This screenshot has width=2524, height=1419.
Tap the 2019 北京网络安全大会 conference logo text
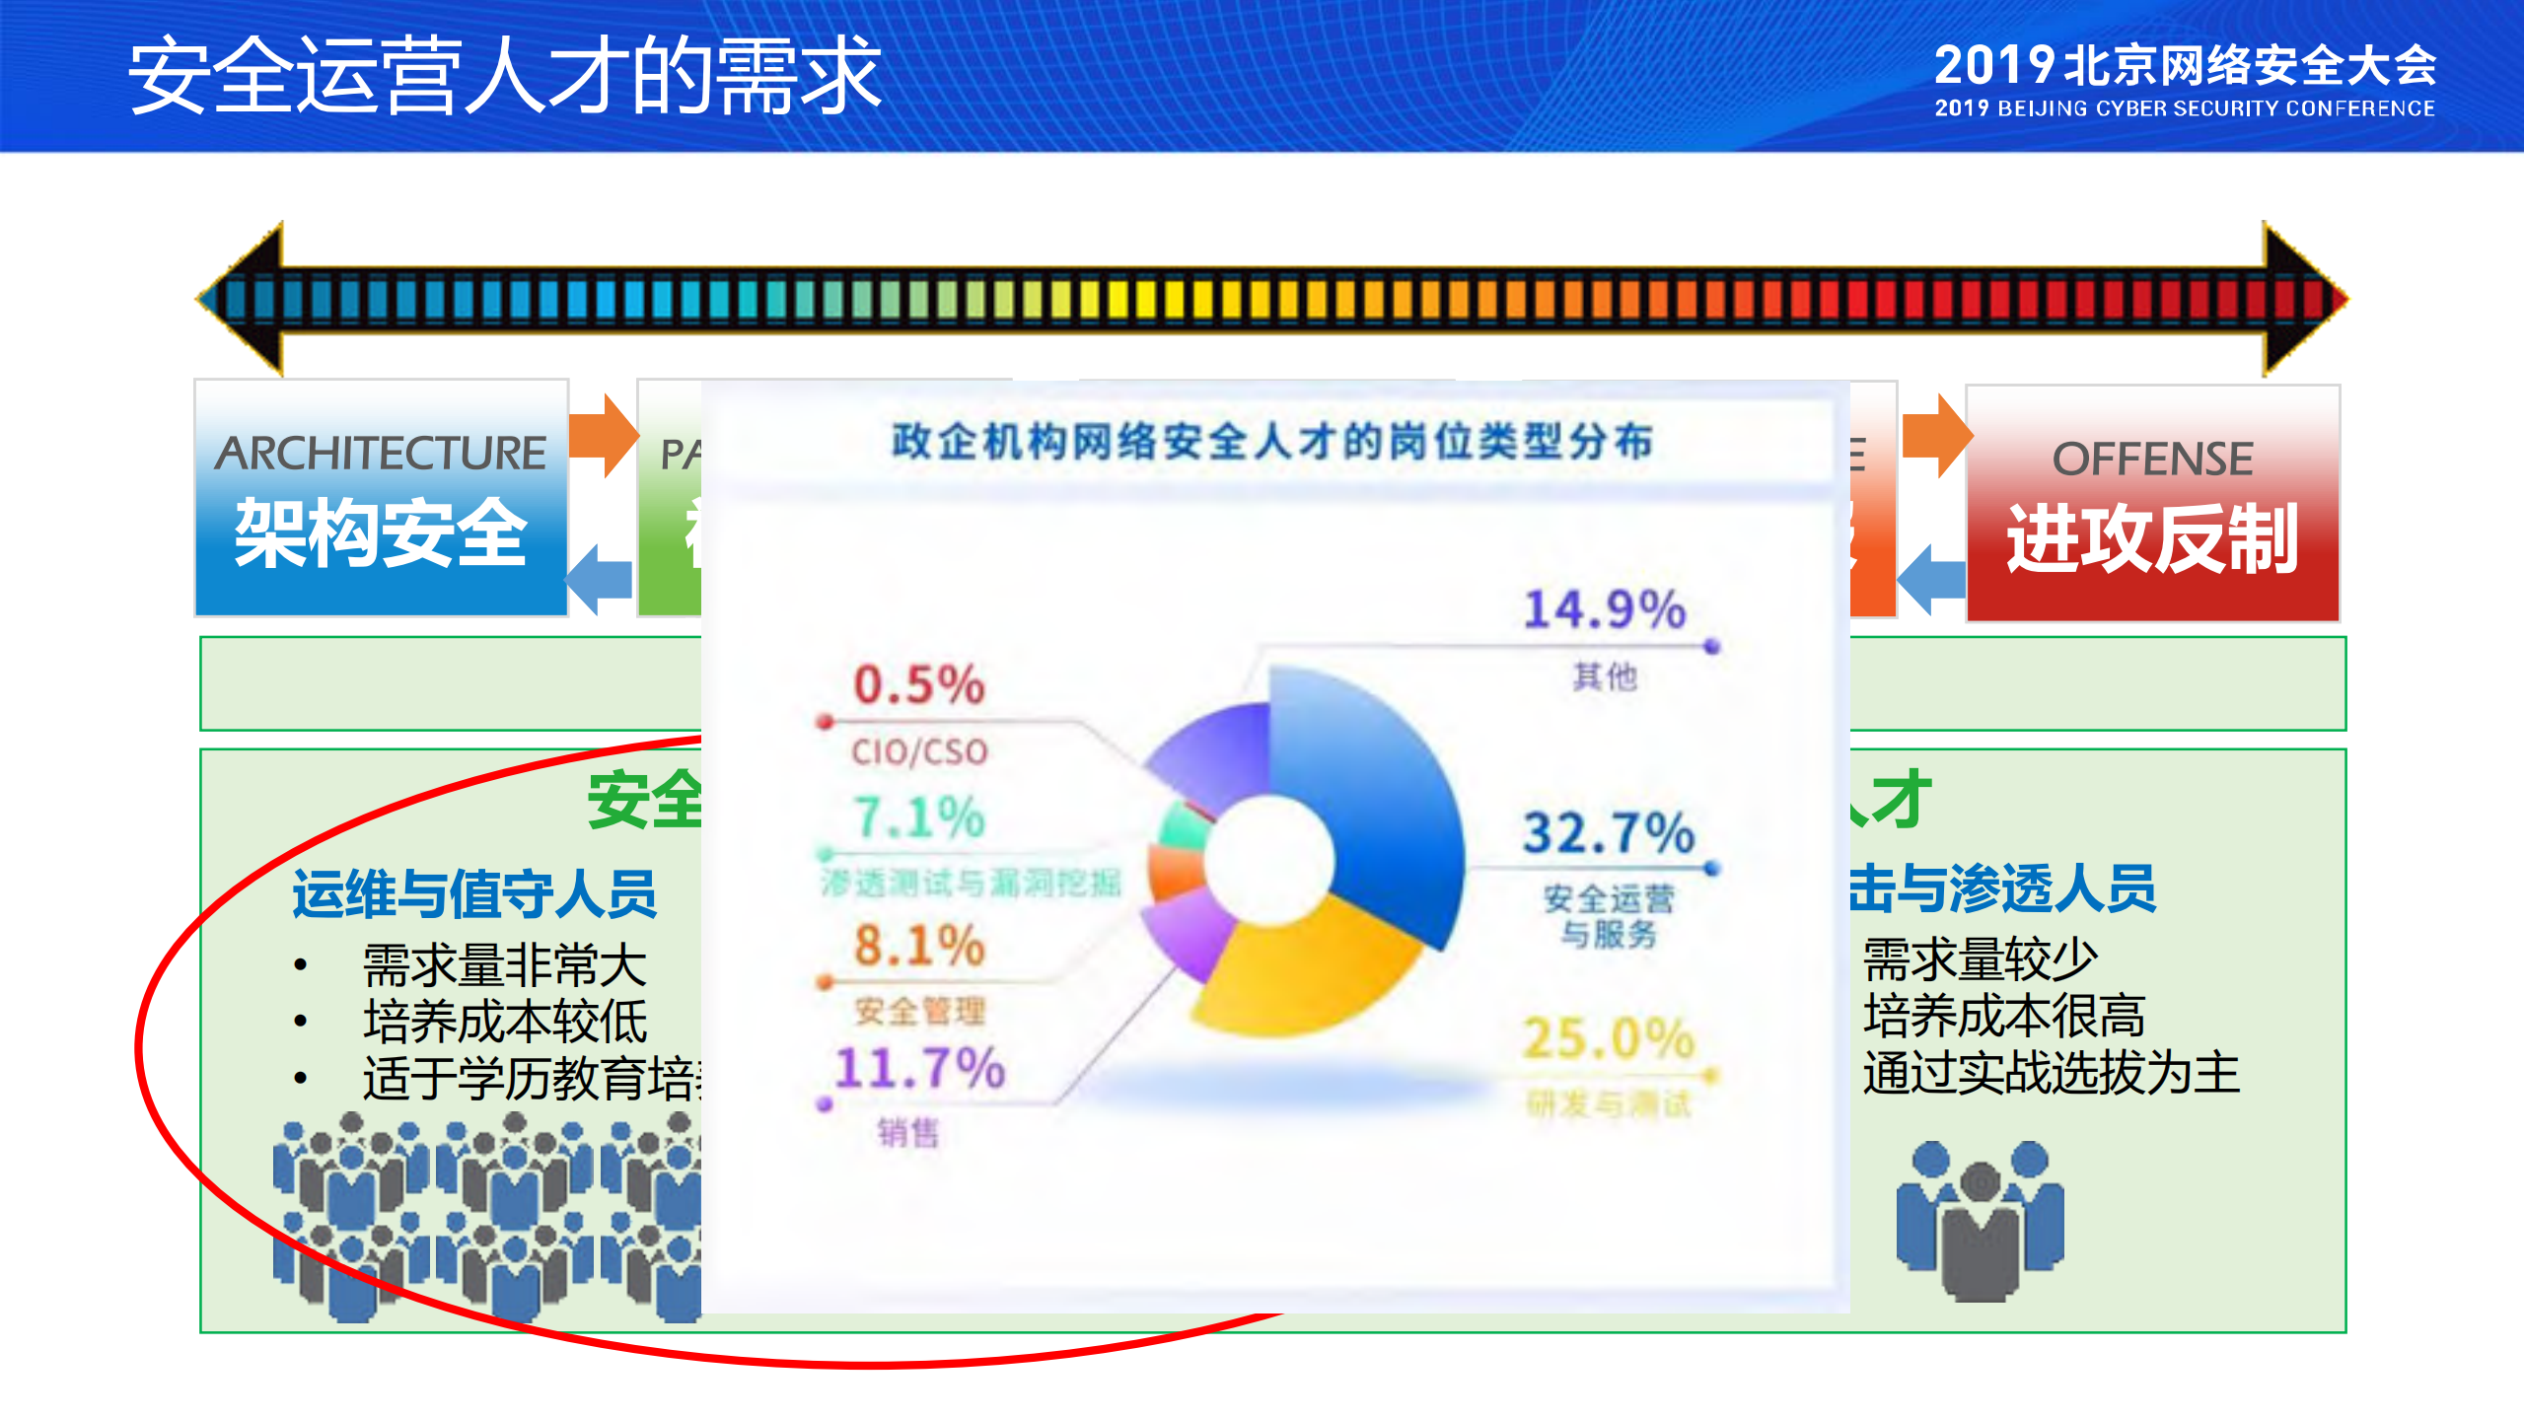pos(2184,66)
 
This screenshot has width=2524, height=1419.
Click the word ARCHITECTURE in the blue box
pos(381,453)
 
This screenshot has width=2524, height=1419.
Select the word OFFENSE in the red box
pos(2152,459)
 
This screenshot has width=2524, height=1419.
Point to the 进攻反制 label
pos(2152,537)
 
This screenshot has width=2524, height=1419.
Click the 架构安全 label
pos(381,532)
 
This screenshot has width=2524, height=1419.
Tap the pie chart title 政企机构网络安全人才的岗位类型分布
pos(1271,441)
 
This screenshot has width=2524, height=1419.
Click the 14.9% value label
pos(1605,608)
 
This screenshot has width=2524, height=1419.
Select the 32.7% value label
pos(1608,832)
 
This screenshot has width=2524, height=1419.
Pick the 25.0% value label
pos(1608,1038)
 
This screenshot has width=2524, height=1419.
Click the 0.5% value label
pos(918,684)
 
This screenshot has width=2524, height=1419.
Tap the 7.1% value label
pos(918,817)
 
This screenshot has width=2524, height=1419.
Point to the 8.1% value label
pos(918,946)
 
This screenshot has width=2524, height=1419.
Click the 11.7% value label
pos(918,1068)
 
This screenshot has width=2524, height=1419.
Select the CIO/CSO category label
pos(918,752)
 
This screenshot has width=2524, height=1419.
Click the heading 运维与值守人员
pos(474,893)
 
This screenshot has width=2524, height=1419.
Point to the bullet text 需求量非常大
pos(504,963)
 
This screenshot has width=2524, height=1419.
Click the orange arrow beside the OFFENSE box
pos(1935,435)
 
